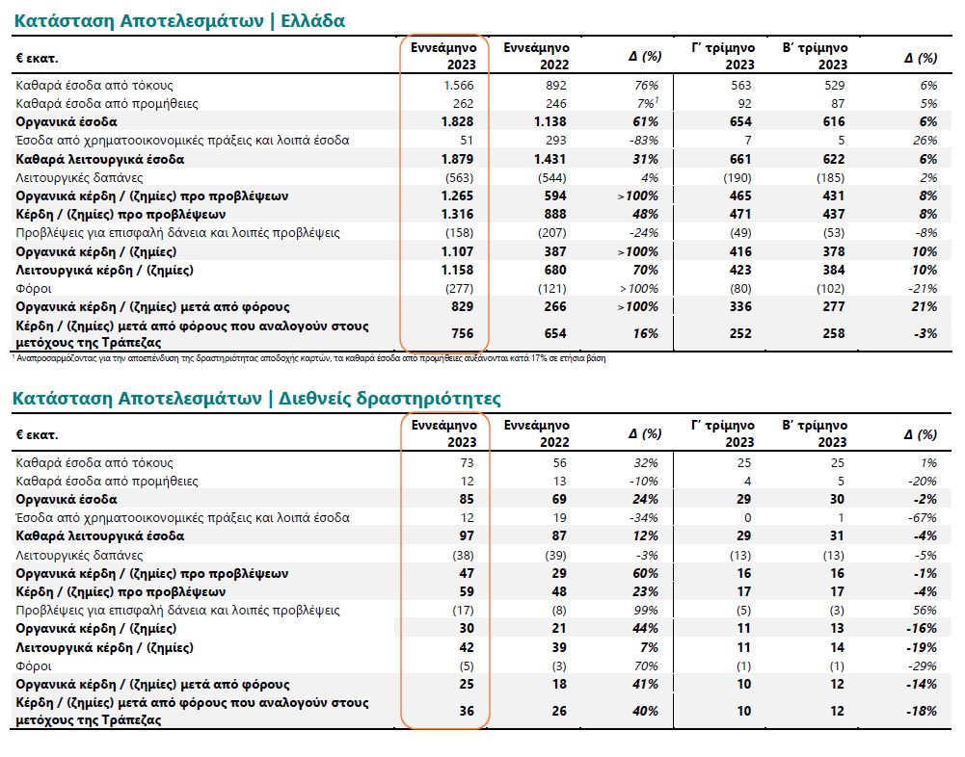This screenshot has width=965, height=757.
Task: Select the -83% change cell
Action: click(642, 141)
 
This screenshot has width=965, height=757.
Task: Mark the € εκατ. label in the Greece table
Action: click(38, 58)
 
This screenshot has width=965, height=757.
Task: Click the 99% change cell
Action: click(646, 611)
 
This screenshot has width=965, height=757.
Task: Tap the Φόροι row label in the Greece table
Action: click(34, 289)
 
